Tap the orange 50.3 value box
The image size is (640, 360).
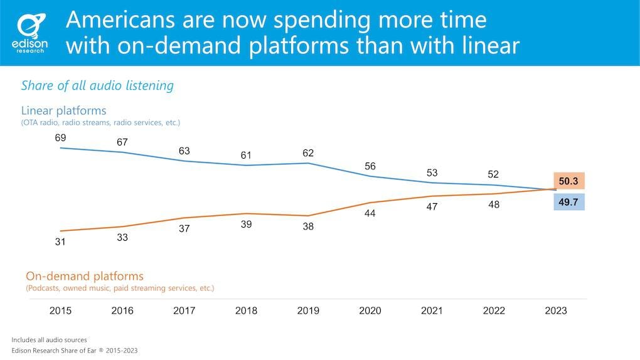click(569, 181)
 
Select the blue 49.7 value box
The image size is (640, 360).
click(569, 202)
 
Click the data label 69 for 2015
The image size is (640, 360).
click(61, 137)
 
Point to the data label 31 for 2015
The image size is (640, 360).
click(61, 241)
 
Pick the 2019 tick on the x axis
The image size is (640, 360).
click(307, 310)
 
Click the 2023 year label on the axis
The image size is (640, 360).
click(556, 310)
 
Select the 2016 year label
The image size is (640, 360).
click(122, 310)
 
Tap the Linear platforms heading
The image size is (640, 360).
click(63, 110)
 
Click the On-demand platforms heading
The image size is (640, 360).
click(85, 276)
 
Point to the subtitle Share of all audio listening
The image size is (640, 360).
click(97, 85)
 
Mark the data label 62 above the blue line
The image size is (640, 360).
click(307, 152)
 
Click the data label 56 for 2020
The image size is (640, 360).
click(370, 166)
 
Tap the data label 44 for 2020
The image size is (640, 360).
click(370, 213)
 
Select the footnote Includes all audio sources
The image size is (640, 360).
click(50, 339)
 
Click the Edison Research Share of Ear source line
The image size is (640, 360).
click(74, 351)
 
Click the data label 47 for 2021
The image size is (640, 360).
click(432, 206)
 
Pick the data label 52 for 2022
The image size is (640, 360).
click(494, 174)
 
